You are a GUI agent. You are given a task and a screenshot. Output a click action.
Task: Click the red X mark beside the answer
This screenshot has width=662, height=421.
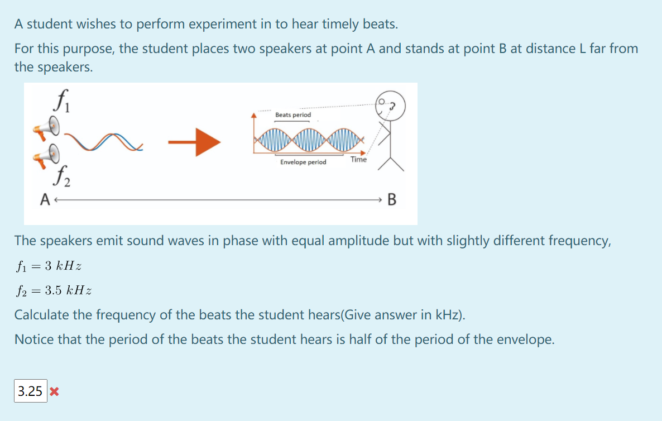[54, 391]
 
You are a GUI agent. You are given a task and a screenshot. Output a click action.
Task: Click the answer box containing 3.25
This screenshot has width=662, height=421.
[30, 391]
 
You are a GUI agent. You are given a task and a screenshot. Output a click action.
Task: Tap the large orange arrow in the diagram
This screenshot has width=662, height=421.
[194, 142]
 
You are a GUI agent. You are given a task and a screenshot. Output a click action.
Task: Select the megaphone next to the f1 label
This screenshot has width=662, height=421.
[47, 128]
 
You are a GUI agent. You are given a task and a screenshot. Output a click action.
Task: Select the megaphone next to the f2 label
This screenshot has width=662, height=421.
[47, 155]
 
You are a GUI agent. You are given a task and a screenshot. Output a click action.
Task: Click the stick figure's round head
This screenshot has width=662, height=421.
[391, 106]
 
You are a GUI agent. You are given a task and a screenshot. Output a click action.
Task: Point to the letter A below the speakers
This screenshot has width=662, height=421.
[45, 199]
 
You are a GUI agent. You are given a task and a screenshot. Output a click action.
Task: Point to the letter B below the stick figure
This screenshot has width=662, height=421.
[392, 199]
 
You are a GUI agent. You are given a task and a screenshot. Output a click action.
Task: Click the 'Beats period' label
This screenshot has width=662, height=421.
[293, 115]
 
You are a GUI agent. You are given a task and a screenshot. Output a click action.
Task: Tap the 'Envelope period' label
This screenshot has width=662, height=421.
[303, 162]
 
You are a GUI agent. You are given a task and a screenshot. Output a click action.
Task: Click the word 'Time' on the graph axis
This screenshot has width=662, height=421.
[358, 159]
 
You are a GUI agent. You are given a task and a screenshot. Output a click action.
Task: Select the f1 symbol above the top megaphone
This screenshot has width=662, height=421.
[63, 101]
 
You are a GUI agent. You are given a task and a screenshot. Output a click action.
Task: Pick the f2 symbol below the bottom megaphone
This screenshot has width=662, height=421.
[62, 176]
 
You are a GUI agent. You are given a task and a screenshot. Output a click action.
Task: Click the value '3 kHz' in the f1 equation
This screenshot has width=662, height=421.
[63, 266]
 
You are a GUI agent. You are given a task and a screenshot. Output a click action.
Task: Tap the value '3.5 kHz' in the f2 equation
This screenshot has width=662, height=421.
[69, 290]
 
